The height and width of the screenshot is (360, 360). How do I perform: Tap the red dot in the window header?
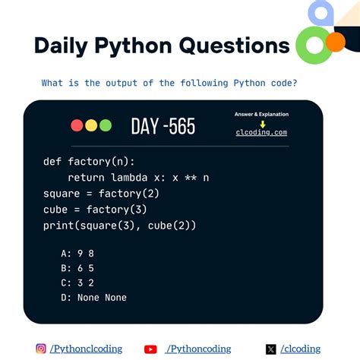pos(77,126)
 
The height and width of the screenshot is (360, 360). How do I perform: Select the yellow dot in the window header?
pos(91,126)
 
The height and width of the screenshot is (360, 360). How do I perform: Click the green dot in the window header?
pos(105,126)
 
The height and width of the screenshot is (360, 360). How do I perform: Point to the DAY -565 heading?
pos(163,126)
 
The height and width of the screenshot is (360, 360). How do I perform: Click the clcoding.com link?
pos(261,132)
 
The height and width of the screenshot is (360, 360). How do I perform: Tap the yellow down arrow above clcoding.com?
pos(262,123)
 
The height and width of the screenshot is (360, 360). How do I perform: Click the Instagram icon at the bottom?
pos(41,349)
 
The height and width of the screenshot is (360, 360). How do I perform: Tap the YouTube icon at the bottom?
pos(150,349)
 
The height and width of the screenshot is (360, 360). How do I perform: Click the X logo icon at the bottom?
pos(270,349)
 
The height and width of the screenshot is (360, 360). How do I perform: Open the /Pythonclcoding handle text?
pos(86,349)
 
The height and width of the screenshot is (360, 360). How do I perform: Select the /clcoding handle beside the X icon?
pos(299,349)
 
